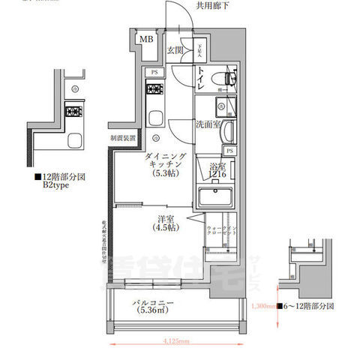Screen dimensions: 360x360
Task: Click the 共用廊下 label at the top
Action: tap(213, 6)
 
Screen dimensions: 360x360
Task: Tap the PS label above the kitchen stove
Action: tap(154, 72)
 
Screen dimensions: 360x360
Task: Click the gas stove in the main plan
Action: tap(155, 91)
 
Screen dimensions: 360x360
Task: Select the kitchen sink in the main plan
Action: tap(155, 117)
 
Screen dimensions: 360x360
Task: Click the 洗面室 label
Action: tap(208, 124)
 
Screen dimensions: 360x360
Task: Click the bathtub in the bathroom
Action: tap(217, 199)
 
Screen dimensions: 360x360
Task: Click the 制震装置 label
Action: tap(123, 139)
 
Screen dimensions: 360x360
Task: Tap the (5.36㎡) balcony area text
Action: tap(155, 316)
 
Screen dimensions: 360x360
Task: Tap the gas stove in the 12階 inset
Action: tap(75, 114)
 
